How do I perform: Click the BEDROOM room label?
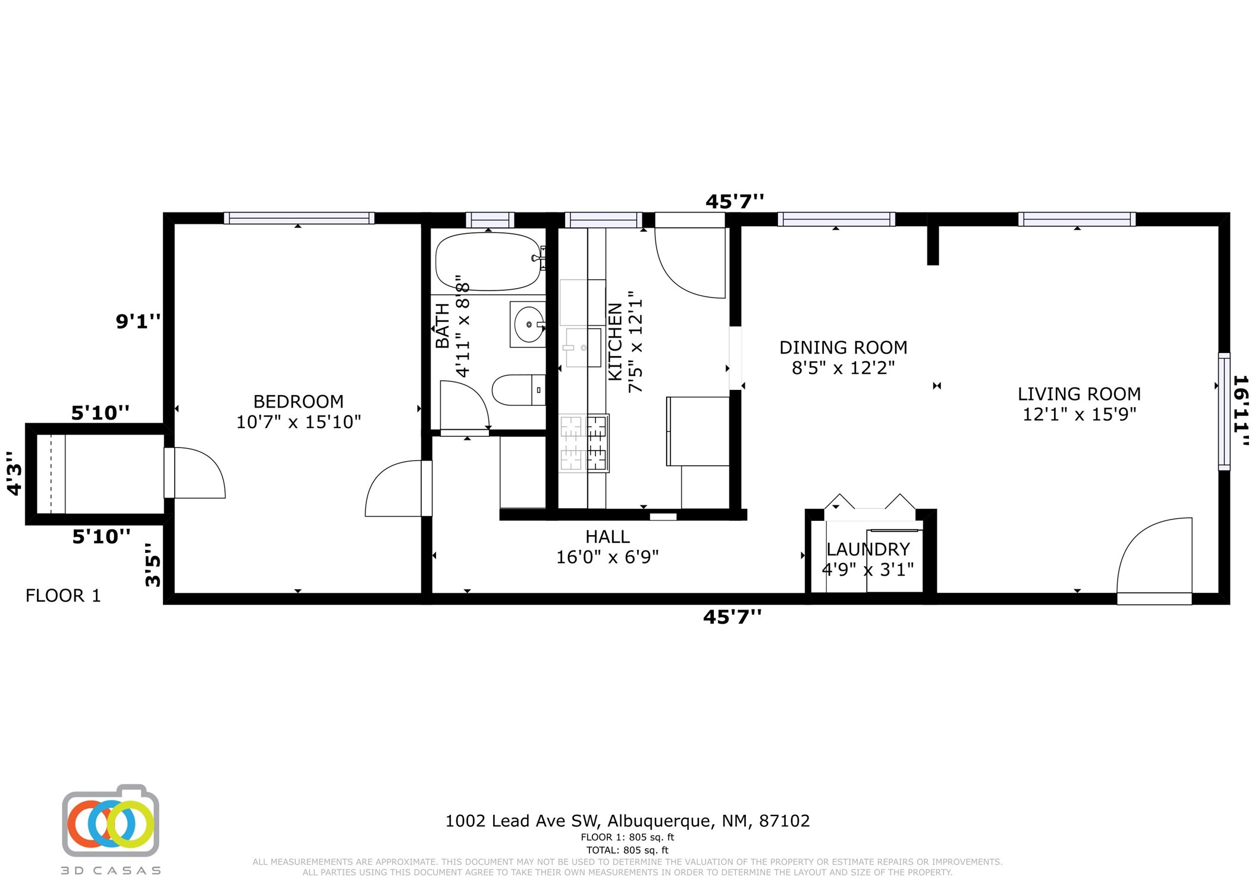coord(298,401)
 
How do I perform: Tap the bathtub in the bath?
coord(489,261)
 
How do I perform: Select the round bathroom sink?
coord(528,324)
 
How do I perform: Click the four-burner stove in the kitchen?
coord(583,443)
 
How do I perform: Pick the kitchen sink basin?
coord(583,348)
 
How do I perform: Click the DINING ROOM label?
coord(843,347)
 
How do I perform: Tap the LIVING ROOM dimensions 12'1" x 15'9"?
coord(1079,414)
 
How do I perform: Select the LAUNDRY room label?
coord(868,549)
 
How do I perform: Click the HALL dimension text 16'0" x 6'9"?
coord(607,557)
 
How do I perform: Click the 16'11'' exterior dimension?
coord(1241,410)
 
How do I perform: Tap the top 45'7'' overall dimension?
coord(735,202)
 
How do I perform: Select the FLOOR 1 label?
coord(63,596)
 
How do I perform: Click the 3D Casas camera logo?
coord(111,821)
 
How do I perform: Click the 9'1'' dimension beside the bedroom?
coord(138,321)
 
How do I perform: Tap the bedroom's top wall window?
coord(299,218)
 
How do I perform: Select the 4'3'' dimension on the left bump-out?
coord(14,473)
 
